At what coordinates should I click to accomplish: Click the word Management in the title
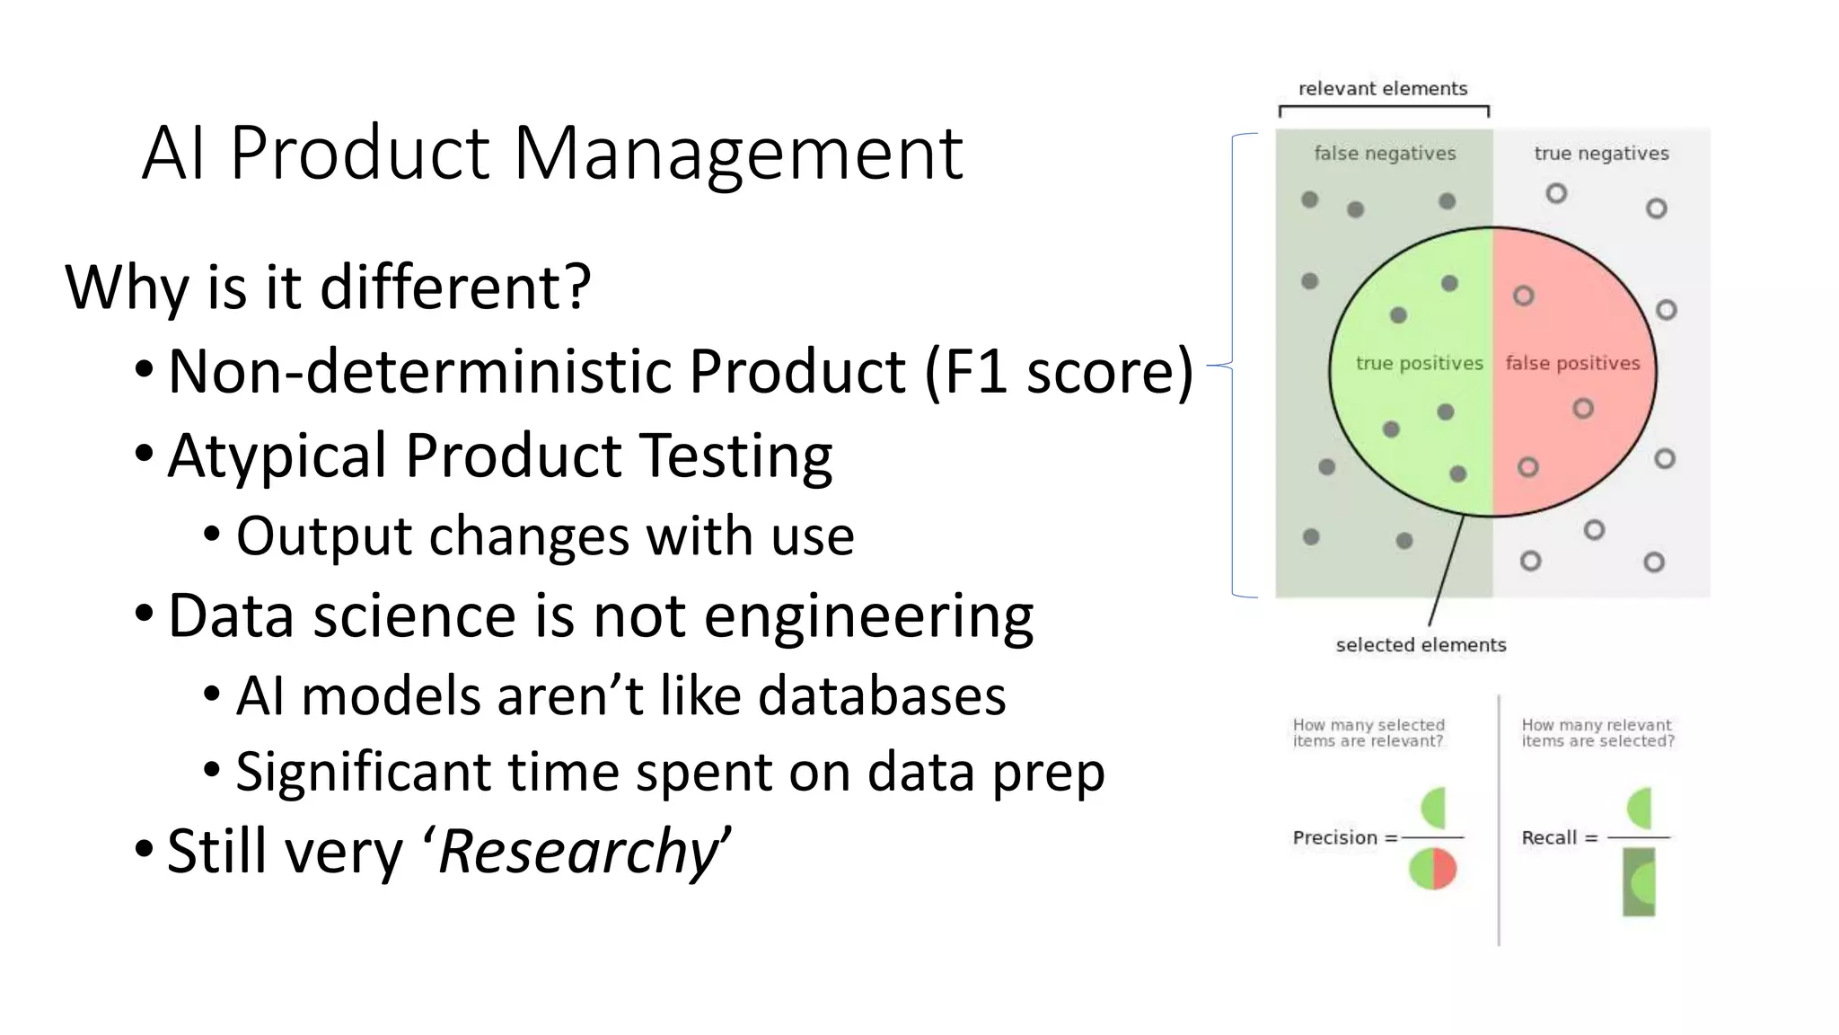738,154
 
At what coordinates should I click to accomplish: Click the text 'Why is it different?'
328,287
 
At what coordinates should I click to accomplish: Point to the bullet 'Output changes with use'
544,536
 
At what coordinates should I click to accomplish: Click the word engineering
868,616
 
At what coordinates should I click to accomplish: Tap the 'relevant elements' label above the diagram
1383,88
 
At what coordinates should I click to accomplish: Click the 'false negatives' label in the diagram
1385,154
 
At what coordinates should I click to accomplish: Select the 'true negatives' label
1601,154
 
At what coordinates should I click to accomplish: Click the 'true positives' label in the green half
1419,363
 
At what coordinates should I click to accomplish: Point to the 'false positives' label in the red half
1572,363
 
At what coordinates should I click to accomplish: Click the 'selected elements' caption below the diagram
1421,645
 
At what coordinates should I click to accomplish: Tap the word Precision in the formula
1334,837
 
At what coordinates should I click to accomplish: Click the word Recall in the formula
1549,837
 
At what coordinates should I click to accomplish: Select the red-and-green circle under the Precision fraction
1433,870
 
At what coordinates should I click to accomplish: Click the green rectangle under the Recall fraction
1639,882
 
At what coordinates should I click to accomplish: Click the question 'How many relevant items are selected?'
1597,733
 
